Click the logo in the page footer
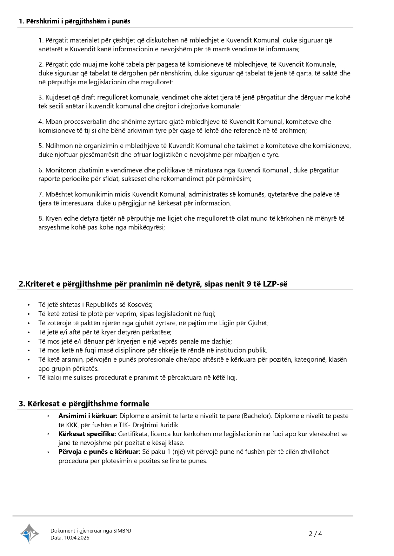point(30,533)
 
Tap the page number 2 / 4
point(315,534)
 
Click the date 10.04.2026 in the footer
point(77,538)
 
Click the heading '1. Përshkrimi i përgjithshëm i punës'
point(75,21)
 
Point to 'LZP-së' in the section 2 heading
point(275,284)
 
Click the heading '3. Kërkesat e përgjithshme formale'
point(84,404)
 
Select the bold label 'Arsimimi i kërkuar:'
point(88,416)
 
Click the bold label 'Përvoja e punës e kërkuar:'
point(99,452)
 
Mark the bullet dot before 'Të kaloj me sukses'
point(29,378)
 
